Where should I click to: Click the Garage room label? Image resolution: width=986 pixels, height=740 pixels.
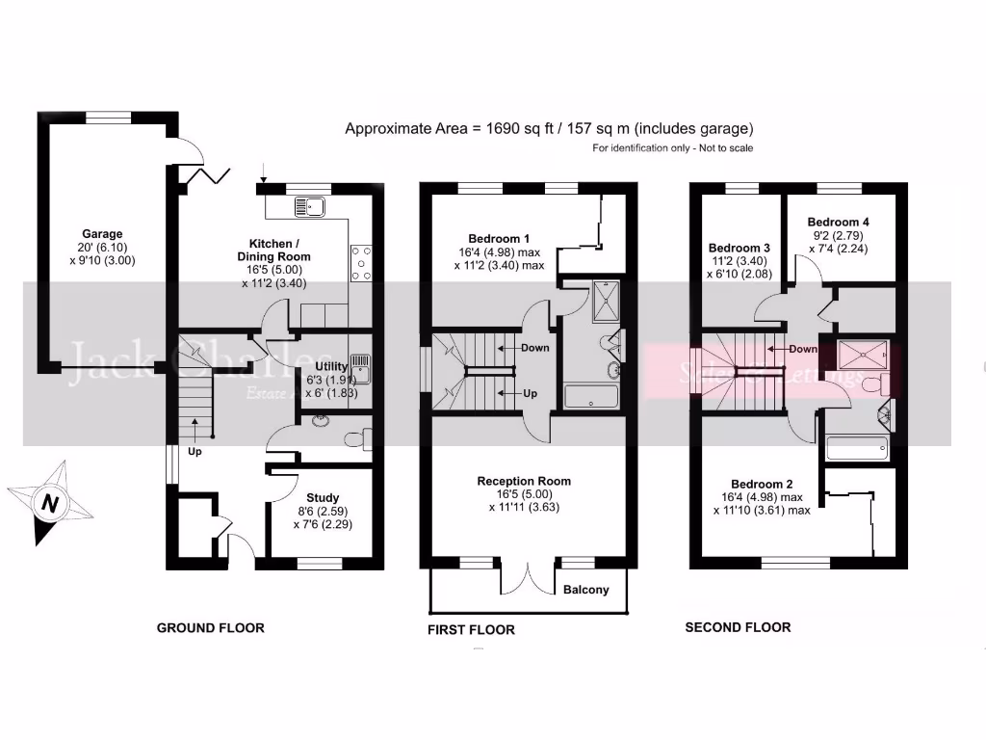(102, 234)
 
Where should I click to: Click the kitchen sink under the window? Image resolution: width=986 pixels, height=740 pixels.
(312, 205)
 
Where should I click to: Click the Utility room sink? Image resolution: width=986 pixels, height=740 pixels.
(362, 367)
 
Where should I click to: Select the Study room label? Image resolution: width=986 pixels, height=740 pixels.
(323, 498)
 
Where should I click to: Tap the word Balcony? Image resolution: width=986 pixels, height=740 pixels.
(585, 590)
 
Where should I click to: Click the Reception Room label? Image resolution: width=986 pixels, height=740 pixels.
(524, 481)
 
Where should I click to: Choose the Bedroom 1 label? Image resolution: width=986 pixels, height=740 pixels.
(499, 239)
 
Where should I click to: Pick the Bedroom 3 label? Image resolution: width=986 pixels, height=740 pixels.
(739, 248)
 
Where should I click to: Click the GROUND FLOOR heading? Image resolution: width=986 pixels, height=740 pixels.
(210, 628)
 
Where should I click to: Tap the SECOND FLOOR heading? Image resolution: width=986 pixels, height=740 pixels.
(738, 627)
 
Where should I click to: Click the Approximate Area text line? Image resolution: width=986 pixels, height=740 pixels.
(549, 128)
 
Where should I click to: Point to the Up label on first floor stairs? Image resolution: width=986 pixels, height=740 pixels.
(530, 393)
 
